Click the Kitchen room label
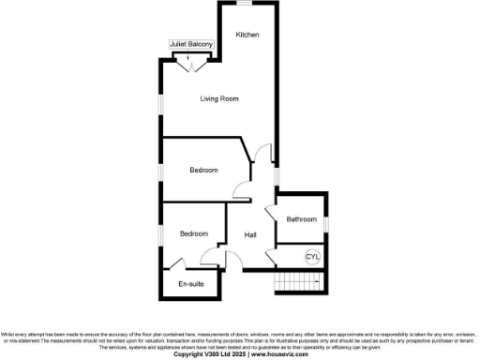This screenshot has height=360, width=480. pos(247,35)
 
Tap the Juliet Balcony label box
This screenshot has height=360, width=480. pos(191,44)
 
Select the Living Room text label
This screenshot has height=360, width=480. pos(221,98)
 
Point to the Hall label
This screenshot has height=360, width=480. pos(251,234)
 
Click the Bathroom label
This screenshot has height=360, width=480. pos(302,219)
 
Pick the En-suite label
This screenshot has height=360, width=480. pos(192,284)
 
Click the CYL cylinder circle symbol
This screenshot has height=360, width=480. pos(312,257)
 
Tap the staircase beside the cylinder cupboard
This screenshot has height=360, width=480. pos(296,283)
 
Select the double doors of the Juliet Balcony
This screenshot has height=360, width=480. pos(191,63)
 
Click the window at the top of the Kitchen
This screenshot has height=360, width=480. pos(247,3)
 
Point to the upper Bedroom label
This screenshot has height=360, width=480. pos(203,170)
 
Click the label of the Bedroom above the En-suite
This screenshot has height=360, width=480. pos(193,233)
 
